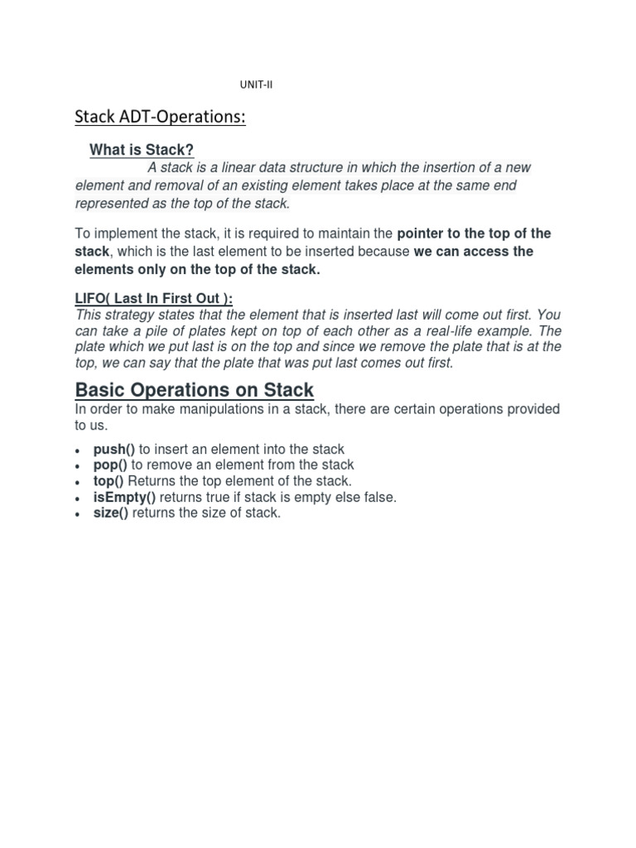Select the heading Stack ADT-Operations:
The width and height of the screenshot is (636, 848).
[160, 117]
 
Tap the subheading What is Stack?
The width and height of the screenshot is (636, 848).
[142, 150]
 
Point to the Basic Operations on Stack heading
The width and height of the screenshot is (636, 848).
[195, 390]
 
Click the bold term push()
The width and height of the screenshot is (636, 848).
[114, 450]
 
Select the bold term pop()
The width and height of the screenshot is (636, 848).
[110, 465]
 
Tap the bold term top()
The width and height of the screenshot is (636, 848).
[109, 481]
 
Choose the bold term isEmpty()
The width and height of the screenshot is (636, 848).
[124, 497]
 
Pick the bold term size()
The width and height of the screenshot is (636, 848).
[111, 513]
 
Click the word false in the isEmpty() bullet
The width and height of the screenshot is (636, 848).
[378, 497]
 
